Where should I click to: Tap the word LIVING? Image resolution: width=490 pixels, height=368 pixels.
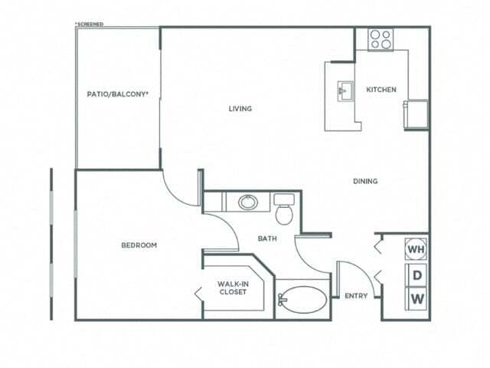240,108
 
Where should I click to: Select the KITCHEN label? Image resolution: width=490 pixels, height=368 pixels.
381,90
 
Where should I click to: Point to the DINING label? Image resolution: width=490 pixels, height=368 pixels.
365,181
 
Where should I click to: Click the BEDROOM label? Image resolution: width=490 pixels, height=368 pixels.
139,245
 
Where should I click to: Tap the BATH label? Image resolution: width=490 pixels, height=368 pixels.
267,238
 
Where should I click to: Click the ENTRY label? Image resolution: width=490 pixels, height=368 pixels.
355,296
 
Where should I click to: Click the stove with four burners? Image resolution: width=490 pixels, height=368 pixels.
381,39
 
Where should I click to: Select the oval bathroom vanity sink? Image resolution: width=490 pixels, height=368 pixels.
247,202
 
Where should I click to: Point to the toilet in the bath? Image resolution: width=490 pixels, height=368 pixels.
285,210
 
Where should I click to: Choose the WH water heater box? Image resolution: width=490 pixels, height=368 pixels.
416,249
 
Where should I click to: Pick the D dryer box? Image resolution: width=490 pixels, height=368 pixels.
417,274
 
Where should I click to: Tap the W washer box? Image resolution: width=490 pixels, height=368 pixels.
417,297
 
